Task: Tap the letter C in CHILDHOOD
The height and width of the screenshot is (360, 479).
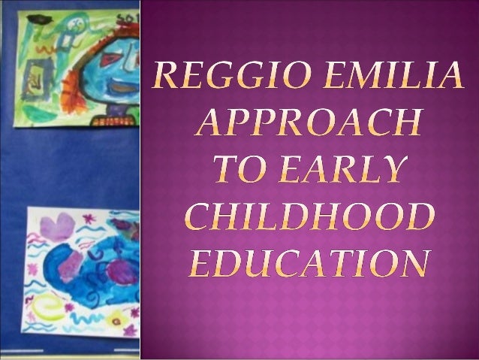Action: point(199,218)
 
